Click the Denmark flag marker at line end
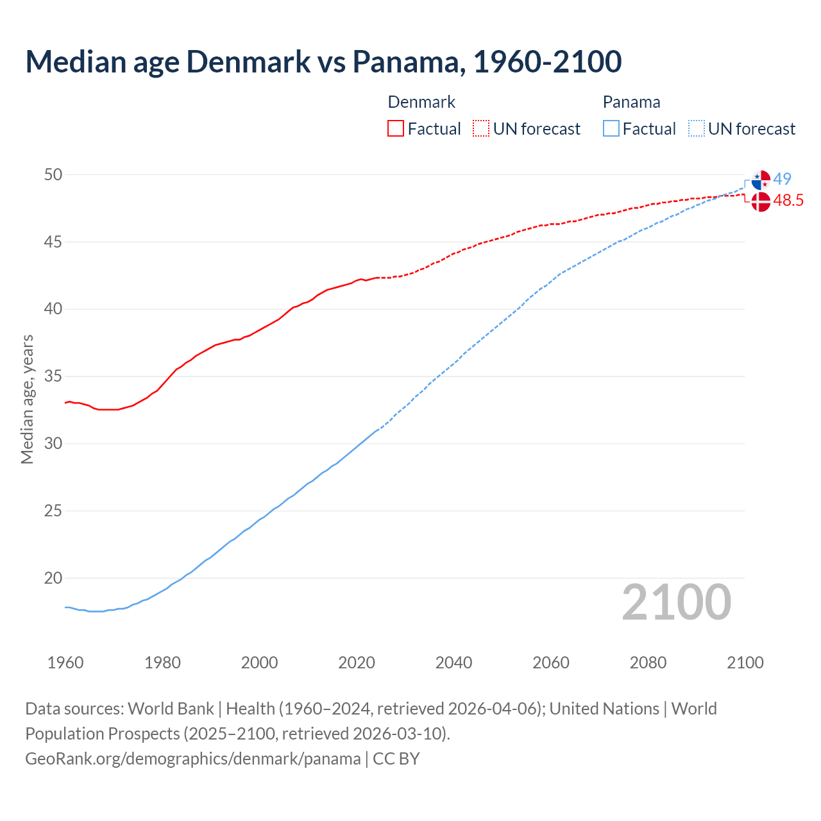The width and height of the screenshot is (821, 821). click(x=761, y=202)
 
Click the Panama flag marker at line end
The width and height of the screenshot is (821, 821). click(x=761, y=180)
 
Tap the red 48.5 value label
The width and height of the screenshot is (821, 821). click(x=788, y=201)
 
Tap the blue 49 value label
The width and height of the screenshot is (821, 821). click(x=783, y=179)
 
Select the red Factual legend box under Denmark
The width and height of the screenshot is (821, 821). click(x=396, y=129)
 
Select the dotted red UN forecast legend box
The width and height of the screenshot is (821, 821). click(x=481, y=129)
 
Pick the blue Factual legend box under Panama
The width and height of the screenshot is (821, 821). click(x=611, y=129)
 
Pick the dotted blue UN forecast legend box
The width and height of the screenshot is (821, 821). click(x=697, y=129)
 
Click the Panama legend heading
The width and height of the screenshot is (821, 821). click(x=631, y=102)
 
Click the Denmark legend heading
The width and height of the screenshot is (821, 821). click(x=421, y=102)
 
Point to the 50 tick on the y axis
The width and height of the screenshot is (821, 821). click(x=53, y=175)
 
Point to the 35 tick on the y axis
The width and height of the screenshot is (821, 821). click(x=53, y=377)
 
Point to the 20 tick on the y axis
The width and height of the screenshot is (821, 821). click(x=53, y=578)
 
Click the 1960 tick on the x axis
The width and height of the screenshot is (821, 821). click(x=65, y=663)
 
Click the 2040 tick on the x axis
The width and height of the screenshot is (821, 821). click(x=453, y=663)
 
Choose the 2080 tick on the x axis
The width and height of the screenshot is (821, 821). click(x=648, y=663)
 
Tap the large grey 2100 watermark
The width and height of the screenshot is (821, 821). click(x=677, y=602)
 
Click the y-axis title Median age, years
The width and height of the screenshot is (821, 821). click(x=28, y=399)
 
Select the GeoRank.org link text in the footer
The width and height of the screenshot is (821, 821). click(x=192, y=759)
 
